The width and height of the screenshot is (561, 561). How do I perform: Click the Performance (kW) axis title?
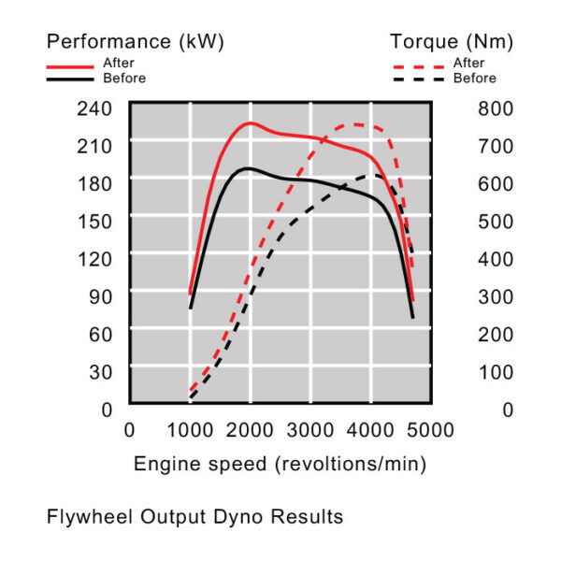coord(136,41)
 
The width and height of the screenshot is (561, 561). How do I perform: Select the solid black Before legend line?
coord(73,80)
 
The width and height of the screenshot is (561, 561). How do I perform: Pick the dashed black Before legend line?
coord(420,80)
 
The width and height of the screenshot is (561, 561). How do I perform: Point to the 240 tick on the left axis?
coord(94,108)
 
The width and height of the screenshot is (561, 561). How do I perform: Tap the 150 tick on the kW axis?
coord(94,220)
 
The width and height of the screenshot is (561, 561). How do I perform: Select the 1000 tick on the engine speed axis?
coord(191,429)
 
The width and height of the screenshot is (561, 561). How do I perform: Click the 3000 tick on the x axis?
coord(311,429)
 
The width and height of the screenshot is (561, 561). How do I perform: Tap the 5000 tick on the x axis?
coord(433,429)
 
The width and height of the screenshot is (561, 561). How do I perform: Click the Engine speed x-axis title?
coord(280,464)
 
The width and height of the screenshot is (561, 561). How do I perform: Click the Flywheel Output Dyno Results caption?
coord(194,516)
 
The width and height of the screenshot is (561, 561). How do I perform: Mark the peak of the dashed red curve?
coord(355,123)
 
